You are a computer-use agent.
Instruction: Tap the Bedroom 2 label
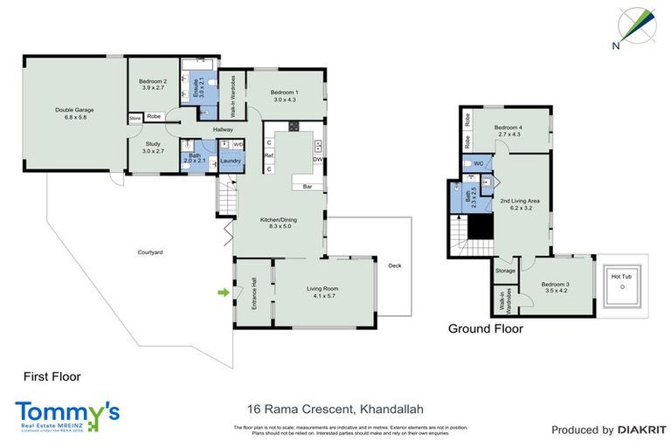pos(153,84)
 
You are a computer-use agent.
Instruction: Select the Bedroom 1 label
pos(284,96)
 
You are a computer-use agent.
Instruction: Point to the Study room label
pos(153,148)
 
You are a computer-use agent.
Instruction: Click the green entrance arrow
pos(223,292)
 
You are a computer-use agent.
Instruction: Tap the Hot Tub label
pos(621,279)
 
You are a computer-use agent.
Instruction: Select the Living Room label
pos(322,292)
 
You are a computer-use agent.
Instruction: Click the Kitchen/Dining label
pos(279,222)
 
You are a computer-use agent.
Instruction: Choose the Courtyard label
pos(150,252)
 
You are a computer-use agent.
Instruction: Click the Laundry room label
pos(231,161)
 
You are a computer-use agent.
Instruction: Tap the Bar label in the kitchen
pos(308,187)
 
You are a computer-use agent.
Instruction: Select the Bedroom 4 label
pos(508,130)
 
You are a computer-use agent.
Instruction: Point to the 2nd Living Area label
pos(519,205)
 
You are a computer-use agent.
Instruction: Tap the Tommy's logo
pos(66,415)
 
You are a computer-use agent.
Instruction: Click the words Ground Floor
pos(485,329)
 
